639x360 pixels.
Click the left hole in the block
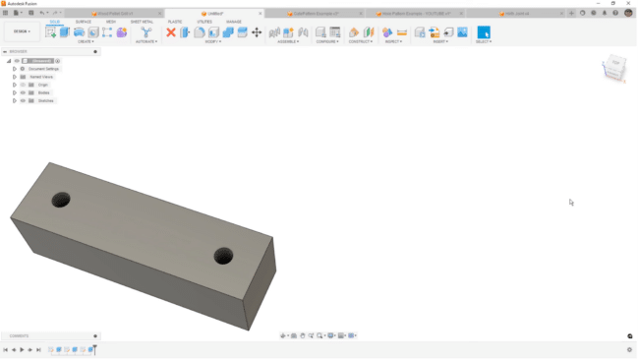click(61, 199)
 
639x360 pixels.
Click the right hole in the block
click(223, 257)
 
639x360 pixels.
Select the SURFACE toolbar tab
click(84, 21)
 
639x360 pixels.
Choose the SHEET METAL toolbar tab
click(142, 21)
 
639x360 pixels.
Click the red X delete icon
click(171, 32)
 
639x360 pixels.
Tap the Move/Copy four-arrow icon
click(257, 32)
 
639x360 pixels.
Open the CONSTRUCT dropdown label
click(361, 41)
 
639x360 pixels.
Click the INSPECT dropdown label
click(393, 41)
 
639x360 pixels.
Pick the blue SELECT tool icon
click(483, 32)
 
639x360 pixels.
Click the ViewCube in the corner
click(614, 69)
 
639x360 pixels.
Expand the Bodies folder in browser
click(14, 92)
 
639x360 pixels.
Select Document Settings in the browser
click(43, 69)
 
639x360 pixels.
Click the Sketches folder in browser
click(44, 100)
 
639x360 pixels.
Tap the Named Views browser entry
click(41, 77)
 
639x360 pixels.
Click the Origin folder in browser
click(43, 85)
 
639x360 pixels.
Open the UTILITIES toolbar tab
click(204, 21)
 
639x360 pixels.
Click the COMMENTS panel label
click(19, 335)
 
